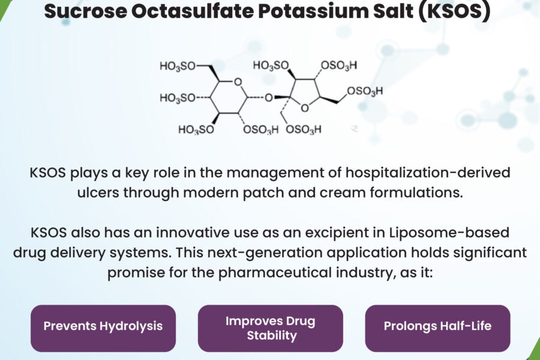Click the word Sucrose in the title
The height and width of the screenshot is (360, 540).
point(86,11)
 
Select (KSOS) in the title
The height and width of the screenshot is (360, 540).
point(454,12)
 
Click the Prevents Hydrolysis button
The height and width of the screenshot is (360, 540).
point(103,328)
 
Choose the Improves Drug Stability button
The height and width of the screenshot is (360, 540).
point(271,328)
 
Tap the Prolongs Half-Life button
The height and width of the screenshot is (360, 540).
point(437,328)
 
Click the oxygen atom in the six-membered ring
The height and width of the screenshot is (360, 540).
point(238,82)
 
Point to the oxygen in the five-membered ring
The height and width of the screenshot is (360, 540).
point(304,108)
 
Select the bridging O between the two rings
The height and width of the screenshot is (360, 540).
point(269,98)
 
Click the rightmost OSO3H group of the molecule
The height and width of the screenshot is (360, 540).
point(365,91)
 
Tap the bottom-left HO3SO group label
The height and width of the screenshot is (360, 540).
point(196,130)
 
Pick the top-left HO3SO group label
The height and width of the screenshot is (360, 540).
point(178,66)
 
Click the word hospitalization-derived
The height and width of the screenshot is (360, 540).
point(428,172)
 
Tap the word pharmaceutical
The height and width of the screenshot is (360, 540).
point(274,272)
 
